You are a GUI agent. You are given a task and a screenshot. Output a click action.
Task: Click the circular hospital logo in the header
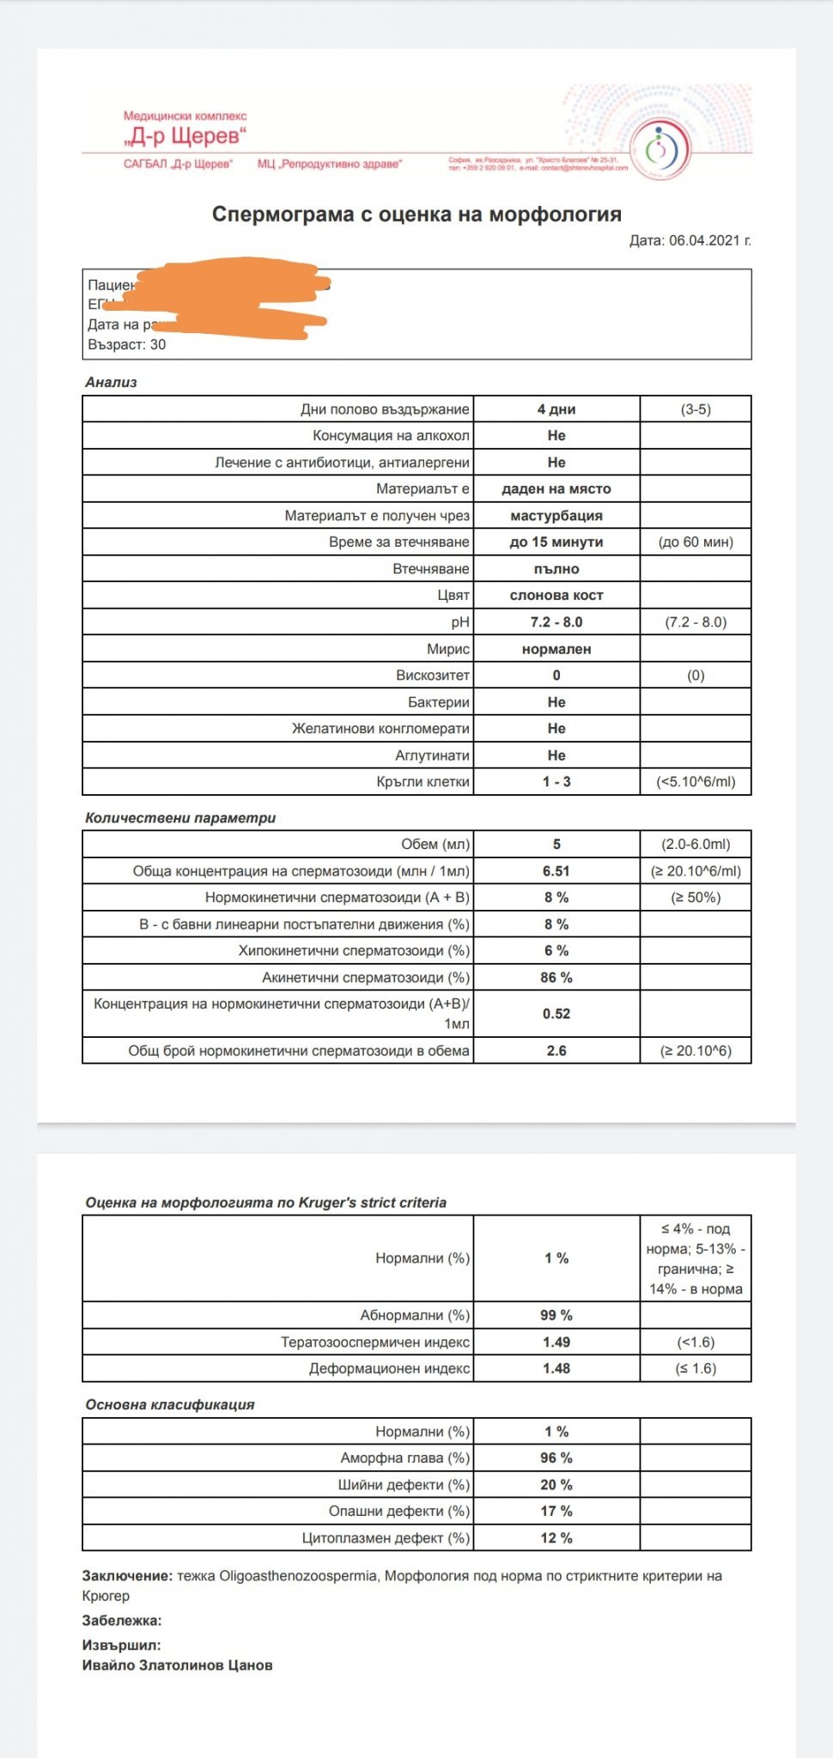click(660, 149)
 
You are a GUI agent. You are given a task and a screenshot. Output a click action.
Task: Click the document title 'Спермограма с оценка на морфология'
click(416, 215)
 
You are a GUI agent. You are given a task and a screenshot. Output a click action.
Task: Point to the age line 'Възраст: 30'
click(127, 344)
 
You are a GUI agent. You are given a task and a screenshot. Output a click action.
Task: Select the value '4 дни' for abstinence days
click(556, 409)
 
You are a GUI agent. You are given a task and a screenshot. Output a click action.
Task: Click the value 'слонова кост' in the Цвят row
click(556, 595)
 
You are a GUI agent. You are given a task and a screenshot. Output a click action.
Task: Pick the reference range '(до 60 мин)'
click(696, 542)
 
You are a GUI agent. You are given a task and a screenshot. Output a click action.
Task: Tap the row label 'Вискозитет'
click(433, 675)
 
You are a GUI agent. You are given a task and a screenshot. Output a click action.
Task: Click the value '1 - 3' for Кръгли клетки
click(556, 782)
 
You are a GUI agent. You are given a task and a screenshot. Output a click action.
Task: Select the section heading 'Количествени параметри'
click(180, 818)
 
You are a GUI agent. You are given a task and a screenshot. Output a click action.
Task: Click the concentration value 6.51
click(556, 870)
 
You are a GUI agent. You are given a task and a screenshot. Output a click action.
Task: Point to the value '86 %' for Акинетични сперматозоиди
click(556, 977)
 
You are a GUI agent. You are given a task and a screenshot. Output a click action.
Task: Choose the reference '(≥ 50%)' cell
click(696, 897)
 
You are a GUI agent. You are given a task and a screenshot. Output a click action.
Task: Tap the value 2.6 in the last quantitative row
click(556, 1051)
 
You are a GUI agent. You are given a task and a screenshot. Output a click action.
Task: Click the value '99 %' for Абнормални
click(556, 1315)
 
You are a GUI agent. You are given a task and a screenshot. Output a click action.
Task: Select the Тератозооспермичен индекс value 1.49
click(556, 1342)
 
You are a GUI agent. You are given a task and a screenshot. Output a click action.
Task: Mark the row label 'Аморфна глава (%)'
click(405, 1458)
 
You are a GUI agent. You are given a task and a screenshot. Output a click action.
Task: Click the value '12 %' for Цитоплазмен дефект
click(556, 1537)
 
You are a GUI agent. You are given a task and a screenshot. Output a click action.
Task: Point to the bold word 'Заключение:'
click(127, 1576)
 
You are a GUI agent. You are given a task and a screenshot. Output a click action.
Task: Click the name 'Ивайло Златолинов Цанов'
click(178, 1665)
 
